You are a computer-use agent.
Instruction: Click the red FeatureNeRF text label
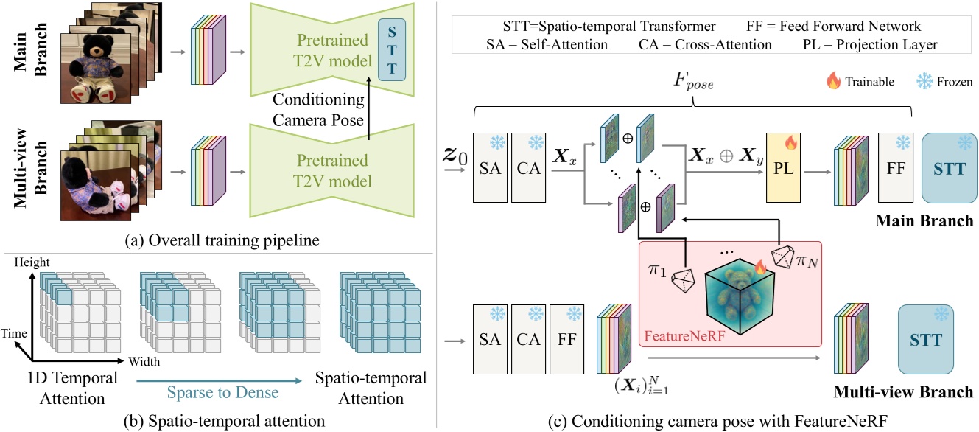pos(675,335)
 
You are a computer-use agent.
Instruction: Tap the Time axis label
pos(17,333)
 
